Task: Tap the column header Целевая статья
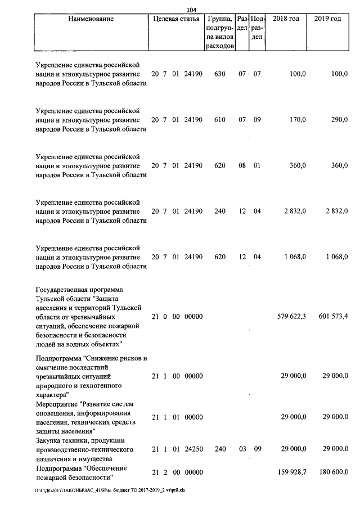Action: coord(176,19)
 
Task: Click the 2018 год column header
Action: coord(286,19)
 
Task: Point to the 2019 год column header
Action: coord(329,19)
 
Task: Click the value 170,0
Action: coord(297,120)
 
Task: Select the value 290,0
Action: coord(339,120)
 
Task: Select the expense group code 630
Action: coord(220,74)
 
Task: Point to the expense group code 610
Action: coord(220,120)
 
